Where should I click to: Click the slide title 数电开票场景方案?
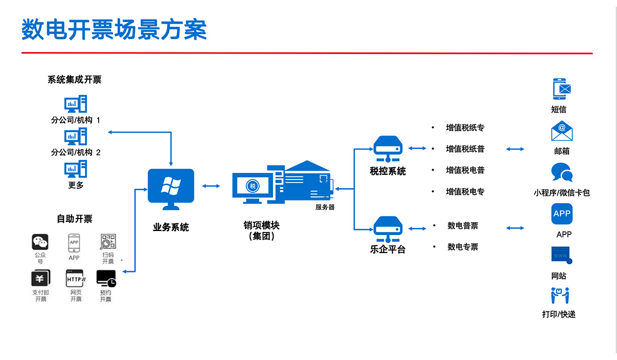pyautogui.click(x=114, y=29)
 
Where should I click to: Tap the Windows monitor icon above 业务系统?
pyautogui.click(x=171, y=189)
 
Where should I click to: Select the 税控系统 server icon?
pyautogui.click(x=388, y=149)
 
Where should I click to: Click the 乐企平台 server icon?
pyautogui.click(x=388, y=229)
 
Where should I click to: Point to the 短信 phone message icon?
pyautogui.click(x=561, y=89)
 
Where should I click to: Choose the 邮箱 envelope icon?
pyautogui.click(x=562, y=131)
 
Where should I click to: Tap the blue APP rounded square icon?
pyautogui.click(x=562, y=214)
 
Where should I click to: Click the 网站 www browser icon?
pyautogui.click(x=561, y=255)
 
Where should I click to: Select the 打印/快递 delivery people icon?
pyautogui.click(x=560, y=296)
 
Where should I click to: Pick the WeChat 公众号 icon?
pyautogui.click(x=40, y=242)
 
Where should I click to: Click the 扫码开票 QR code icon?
pyautogui.click(x=108, y=241)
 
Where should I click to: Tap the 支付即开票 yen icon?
pyautogui.click(x=41, y=278)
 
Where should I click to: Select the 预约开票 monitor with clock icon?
pyautogui.click(x=106, y=279)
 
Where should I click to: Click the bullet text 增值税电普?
pyautogui.click(x=465, y=170)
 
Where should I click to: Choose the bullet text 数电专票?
pyautogui.click(x=463, y=247)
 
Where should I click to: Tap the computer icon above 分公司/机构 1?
pyautogui.click(x=76, y=104)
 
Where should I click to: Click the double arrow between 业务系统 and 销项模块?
pyautogui.click(x=211, y=186)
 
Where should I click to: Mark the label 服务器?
pyautogui.click(x=325, y=207)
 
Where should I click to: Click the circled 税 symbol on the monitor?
pyautogui.click(x=253, y=186)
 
